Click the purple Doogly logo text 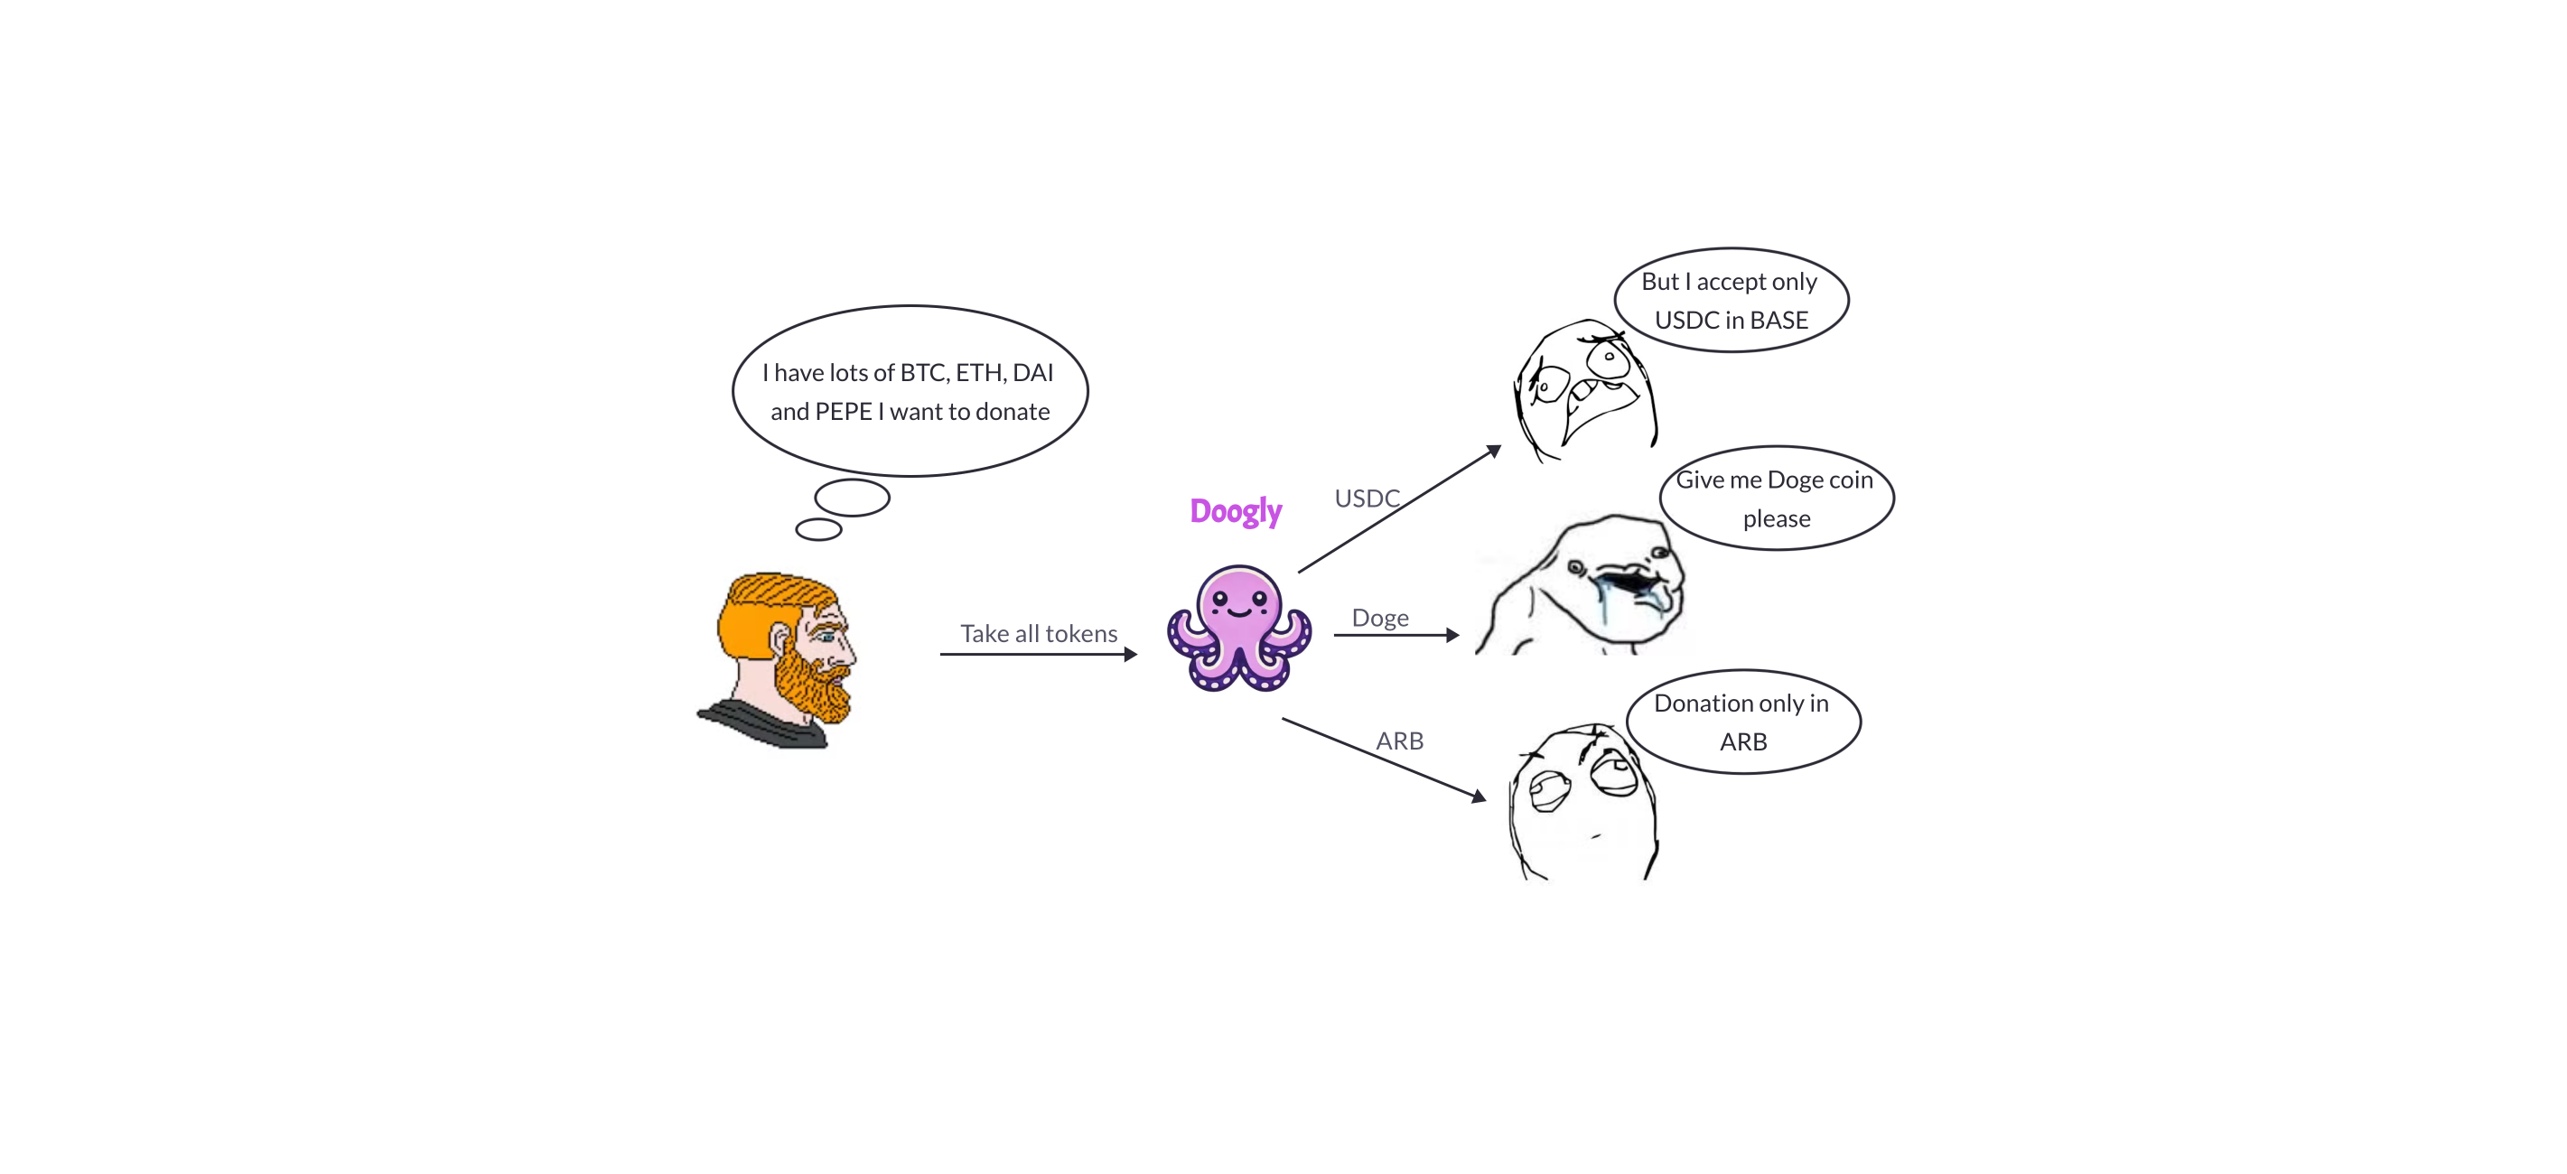pyautogui.click(x=1235, y=511)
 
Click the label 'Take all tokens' pyautogui.click(x=1039, y=634)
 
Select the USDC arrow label pyautogui.click(x=1367, y=498)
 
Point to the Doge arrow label pyautogui.click(x=1379, y=618)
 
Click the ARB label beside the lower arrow pyautogui.click(x=1399, y=741)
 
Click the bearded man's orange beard pyautogui.click(x=811, y=684)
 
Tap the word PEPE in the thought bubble pyautogui.click(x=843, y=412)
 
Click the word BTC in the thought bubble pyautogui.click(x=922, y=373)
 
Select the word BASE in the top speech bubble pyautogui.click(x=1778, y=321)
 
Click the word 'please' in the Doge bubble pyautogui.click(x=1776, y=519)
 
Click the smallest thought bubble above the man pyautogui.click(x=818, y=529)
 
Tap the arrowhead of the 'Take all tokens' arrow pyautogui.click(x=1130, y=655)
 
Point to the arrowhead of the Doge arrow pyautogui.click(x=1453, y=635)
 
